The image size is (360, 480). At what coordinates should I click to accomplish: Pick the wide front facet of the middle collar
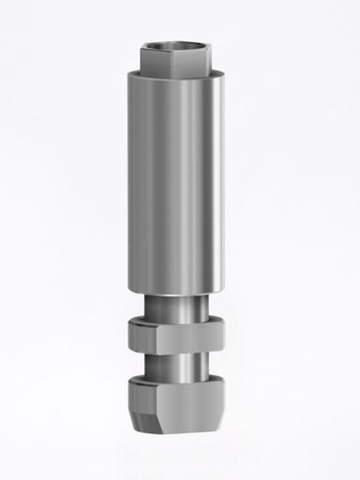pos(187,335)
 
